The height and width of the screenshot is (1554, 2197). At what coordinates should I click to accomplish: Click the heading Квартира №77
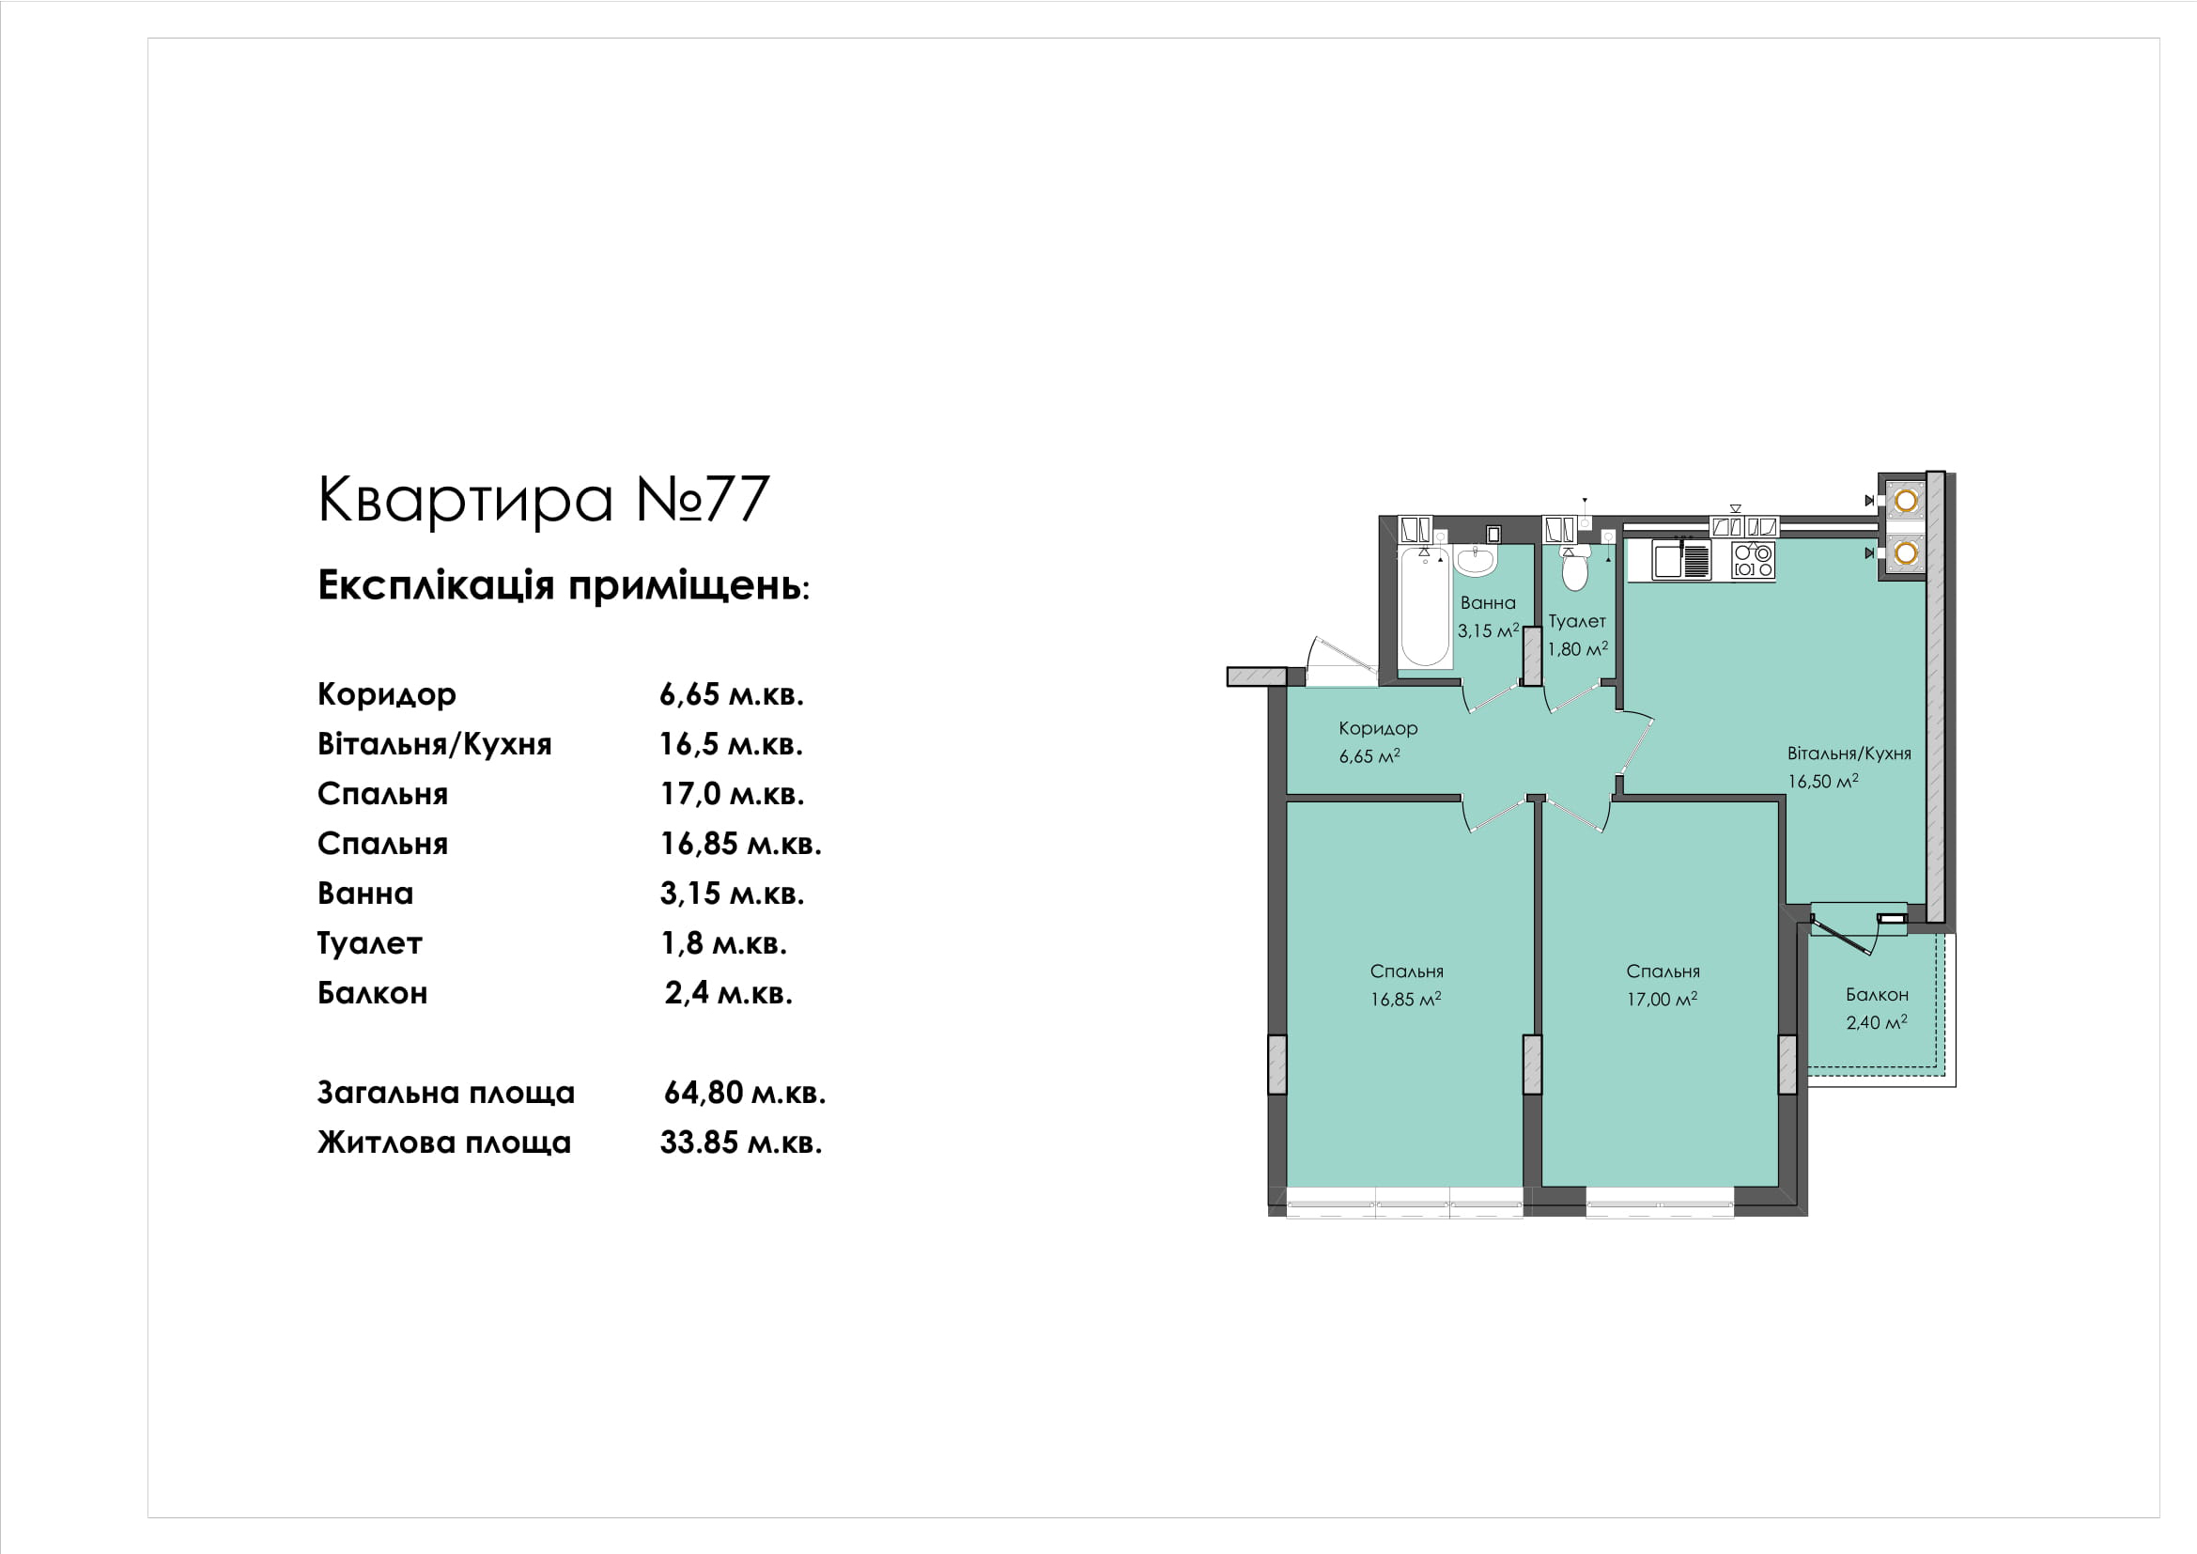click(544, 499)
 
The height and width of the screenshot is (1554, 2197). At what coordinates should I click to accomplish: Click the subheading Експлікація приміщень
click(564, 585)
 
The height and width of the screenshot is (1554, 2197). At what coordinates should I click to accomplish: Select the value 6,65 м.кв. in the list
click(731, 694)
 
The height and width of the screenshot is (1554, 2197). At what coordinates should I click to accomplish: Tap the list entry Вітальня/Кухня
click(435, 744)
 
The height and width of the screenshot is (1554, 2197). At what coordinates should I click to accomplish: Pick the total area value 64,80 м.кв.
click(745, 1093)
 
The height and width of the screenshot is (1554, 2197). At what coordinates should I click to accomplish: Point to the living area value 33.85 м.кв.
click(740, 1142)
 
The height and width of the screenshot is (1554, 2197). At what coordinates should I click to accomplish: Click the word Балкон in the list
click(372, 993)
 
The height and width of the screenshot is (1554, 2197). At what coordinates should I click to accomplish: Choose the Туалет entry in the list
click(369, 944)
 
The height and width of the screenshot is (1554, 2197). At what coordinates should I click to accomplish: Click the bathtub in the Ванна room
click(1424, 607)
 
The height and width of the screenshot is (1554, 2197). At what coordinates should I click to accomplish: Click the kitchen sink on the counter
click(1682, 561)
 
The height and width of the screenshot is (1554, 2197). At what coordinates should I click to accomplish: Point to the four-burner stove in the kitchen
click(1753, 561)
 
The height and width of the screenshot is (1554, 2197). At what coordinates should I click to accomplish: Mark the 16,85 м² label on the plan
click(1406, 1000)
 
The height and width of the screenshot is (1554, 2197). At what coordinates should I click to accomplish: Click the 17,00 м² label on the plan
click(1663, 1000)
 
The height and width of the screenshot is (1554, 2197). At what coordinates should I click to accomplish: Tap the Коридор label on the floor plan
click(1378, 728)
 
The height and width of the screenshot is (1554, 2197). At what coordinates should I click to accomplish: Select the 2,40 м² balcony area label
click(1877, 1023)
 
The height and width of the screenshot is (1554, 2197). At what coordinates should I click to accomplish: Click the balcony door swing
click(1842, 938)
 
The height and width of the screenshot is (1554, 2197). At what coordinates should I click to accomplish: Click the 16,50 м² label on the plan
click(1823, 782)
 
